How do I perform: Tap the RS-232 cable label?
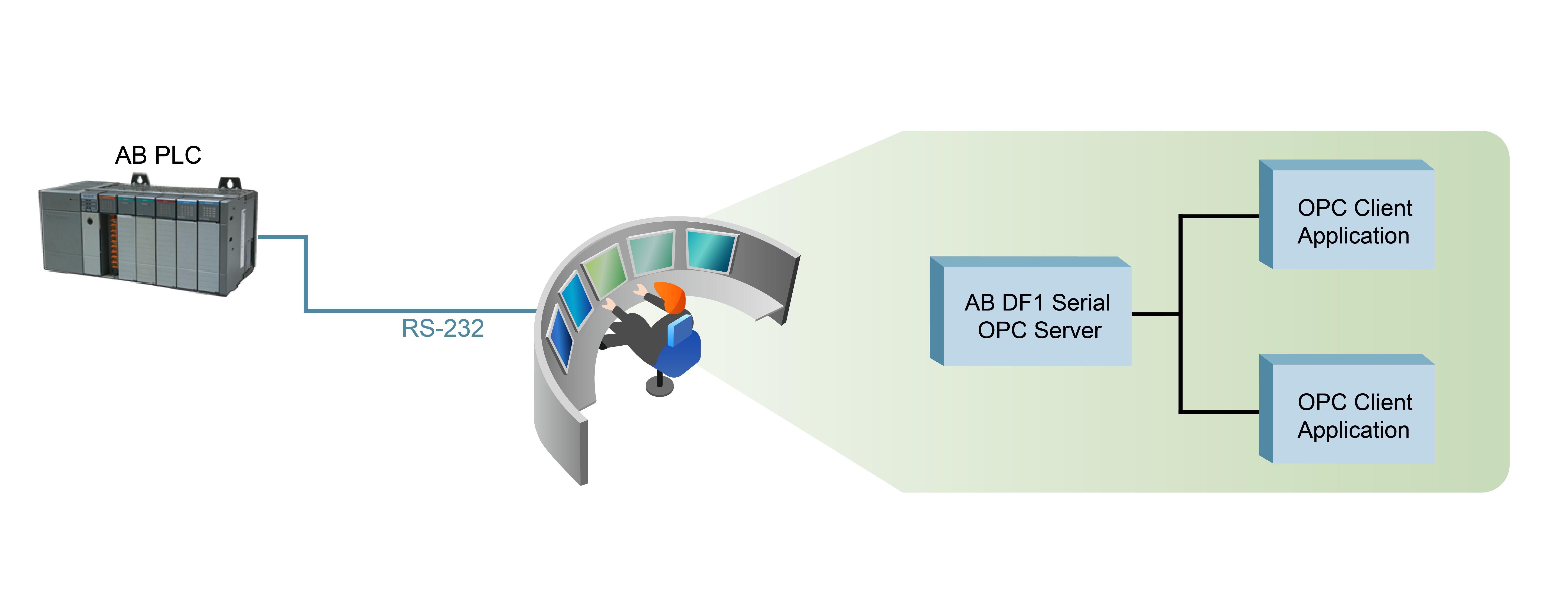click(x=443, y=328)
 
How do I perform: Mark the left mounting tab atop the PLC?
click(x=140, y=179)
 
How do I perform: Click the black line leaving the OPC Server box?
click(x=1155, y=314)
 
